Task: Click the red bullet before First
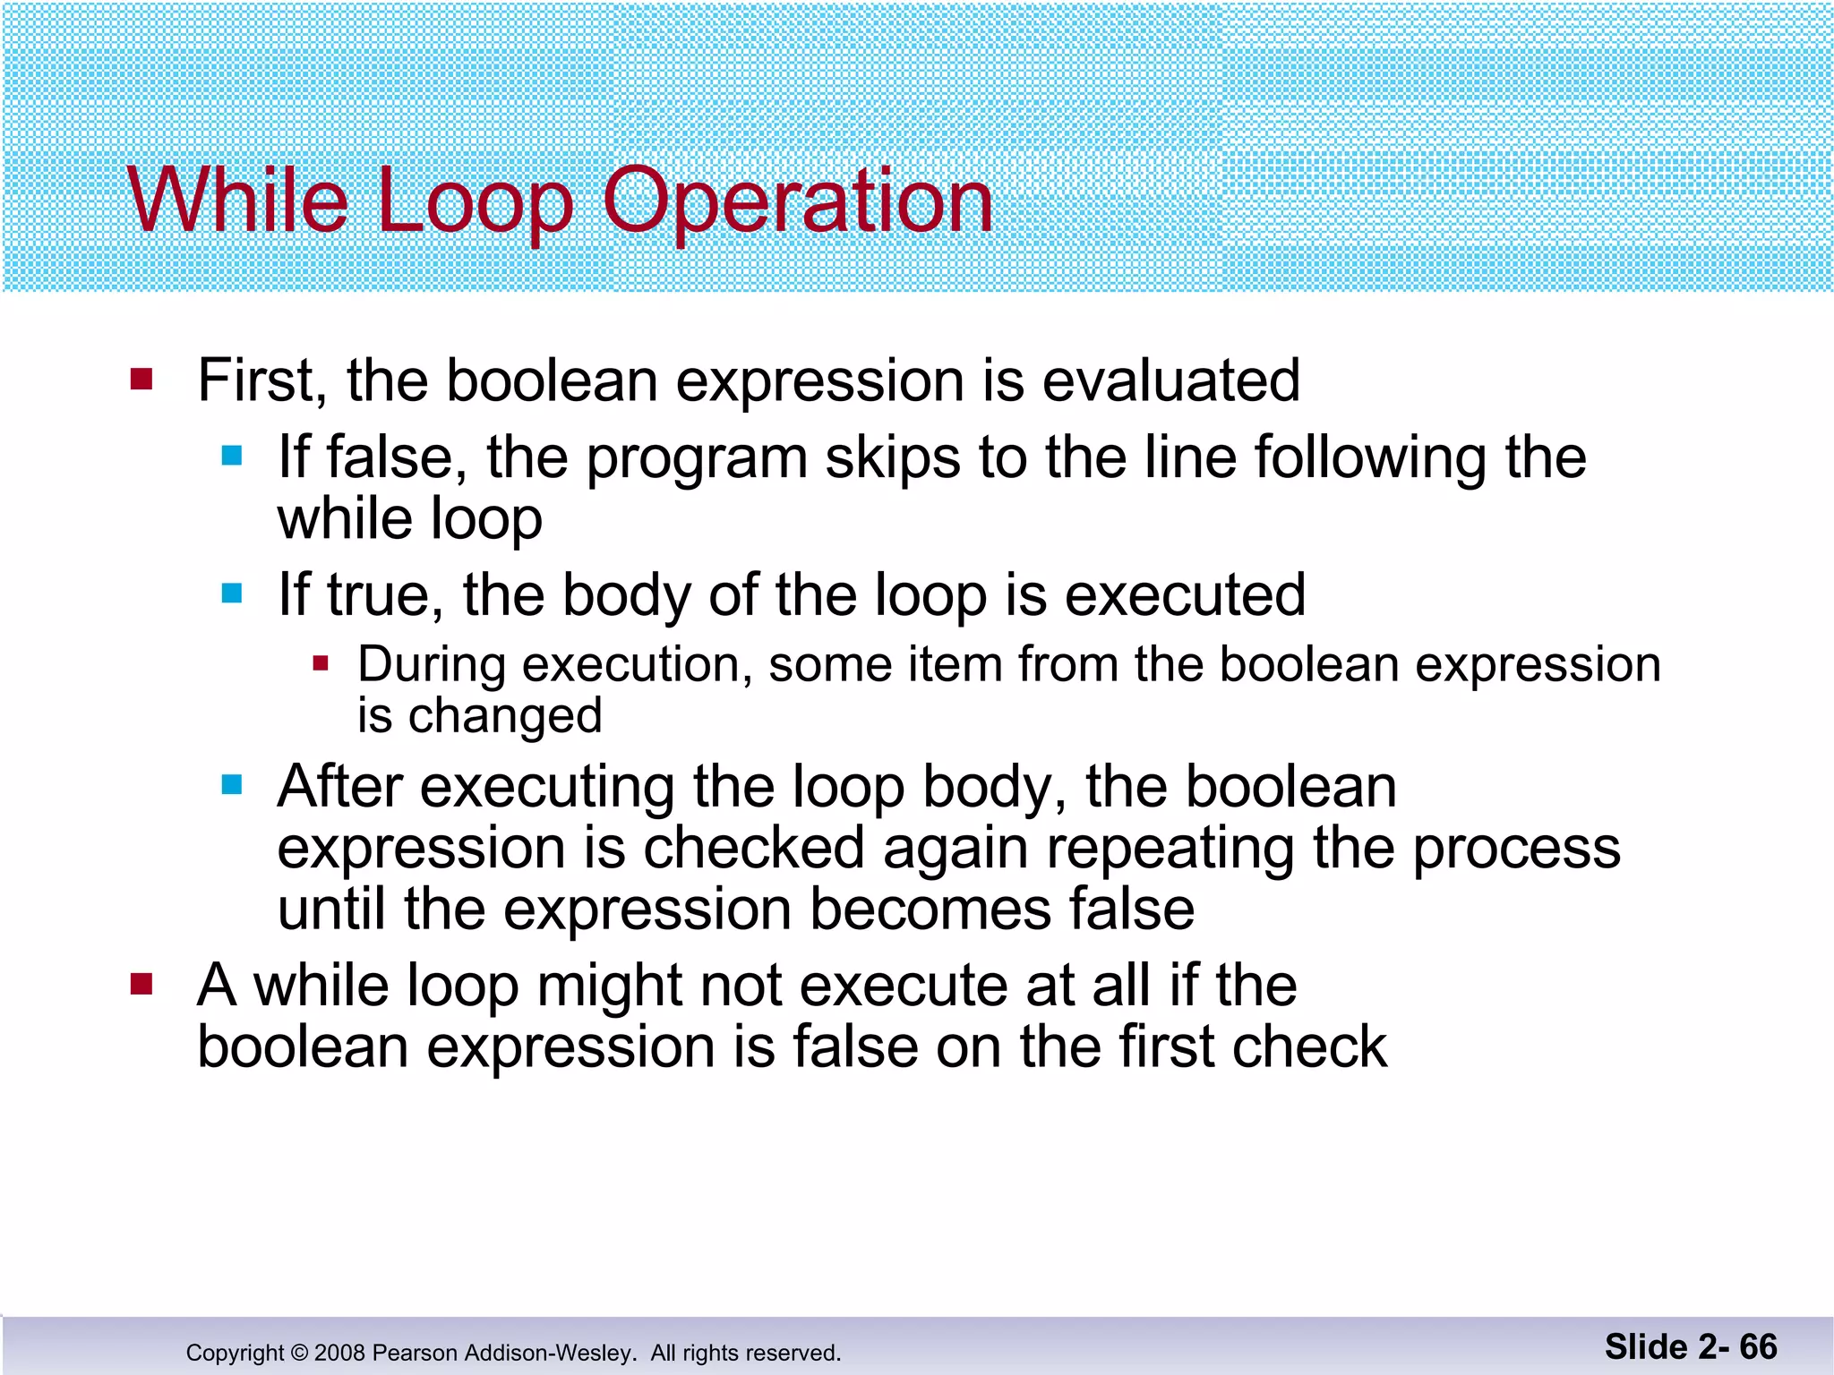point(141,379)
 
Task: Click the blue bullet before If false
point(232,456)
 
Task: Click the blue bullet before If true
point(232,593)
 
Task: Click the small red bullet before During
point(321,664)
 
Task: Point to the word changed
point(505,716)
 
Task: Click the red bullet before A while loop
point(141,985)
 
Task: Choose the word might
point(609,986)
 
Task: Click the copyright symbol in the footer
point(299,1353)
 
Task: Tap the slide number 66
point(1758,1346)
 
